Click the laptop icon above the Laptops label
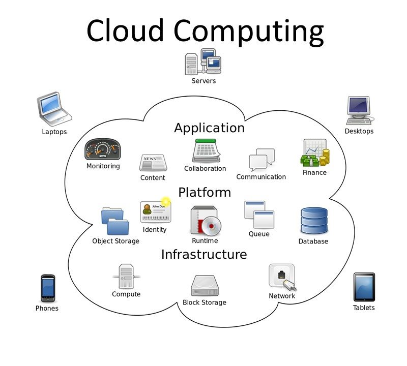55,109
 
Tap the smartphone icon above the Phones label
47,289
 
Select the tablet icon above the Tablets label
364,287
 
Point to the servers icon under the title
203,62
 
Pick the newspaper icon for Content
153,163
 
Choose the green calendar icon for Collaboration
205,150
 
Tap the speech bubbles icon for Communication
261,160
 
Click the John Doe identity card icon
155,211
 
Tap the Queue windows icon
259,215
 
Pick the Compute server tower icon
126,276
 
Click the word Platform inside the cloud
205,192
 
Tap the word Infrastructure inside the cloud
204,254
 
